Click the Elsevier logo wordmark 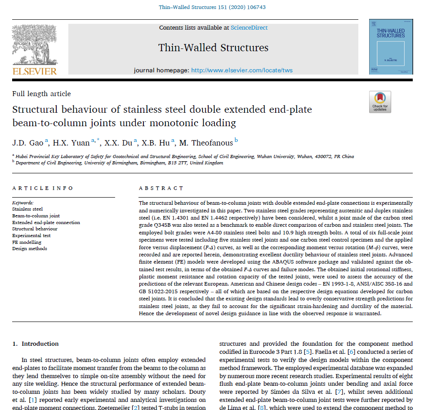click(x=34, y=71)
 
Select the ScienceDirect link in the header click(x=249, y=28)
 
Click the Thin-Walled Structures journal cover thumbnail click(x=390, y=46)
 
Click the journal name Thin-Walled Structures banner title click(x=213, y=48)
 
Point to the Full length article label click(x=41, y=94)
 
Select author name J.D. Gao click(x=27, y=143)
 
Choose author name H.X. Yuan click(x=71, y=143)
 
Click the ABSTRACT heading click(x=156, y=188)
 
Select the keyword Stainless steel click(x=27, y=209)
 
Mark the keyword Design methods click(x=30, y=248)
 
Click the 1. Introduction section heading click(x=36, y=344)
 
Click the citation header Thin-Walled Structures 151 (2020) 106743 click(x=212, y=7)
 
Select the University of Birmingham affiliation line click(x=119, y=163)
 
